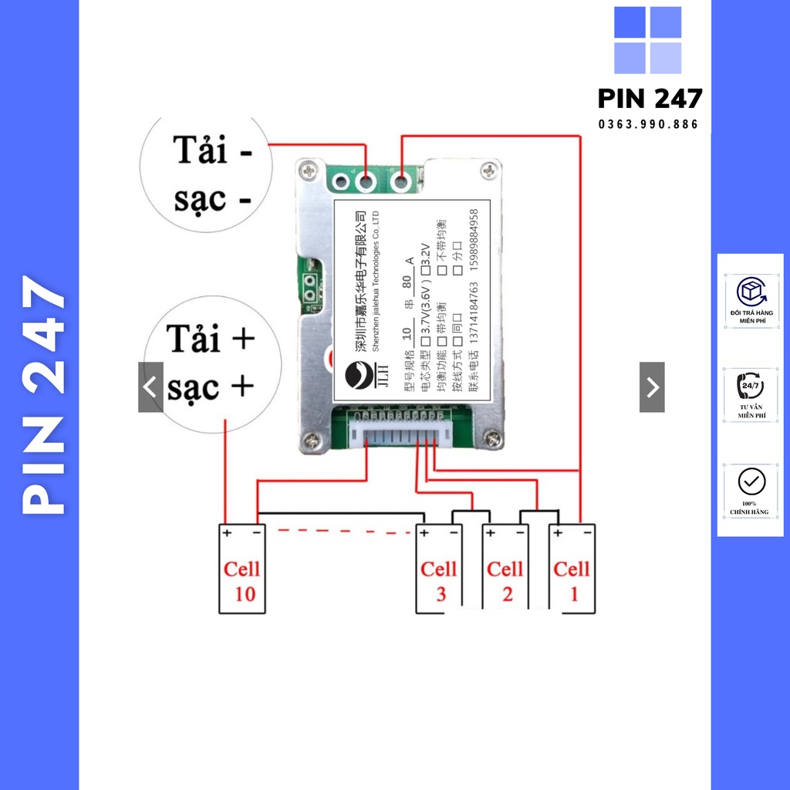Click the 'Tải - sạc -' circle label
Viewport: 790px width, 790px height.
pyautogui.click(x=207, y=174)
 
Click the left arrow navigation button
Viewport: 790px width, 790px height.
pyautogui.click(x=150, y=387)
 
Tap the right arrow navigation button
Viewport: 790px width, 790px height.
pyautogui.click(x=652, y=387)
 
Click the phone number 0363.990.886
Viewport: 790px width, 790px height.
pyautogui.click(x=649, y=124)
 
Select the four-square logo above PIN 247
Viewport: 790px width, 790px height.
pyautogui.click(x=648, y=40)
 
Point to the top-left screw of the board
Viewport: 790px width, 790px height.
pyautogui.click(x=309, y=171)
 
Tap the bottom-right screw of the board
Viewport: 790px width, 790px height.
pyautogui.click(x=491, y=438)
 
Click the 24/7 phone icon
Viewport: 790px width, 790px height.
pyautogui.click(x=751, y=384)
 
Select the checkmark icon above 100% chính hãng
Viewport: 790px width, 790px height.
pyautogui.click(x=751, y=481)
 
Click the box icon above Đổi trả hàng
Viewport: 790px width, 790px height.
pyautogui.click(x=751, y=292)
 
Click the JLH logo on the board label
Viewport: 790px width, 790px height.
pyautogui.click(x=360, y=378)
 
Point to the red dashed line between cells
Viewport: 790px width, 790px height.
pyautogui.click(x=343, y=532)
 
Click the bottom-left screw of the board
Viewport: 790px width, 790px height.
pyautogui.click(x=310, y=440)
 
